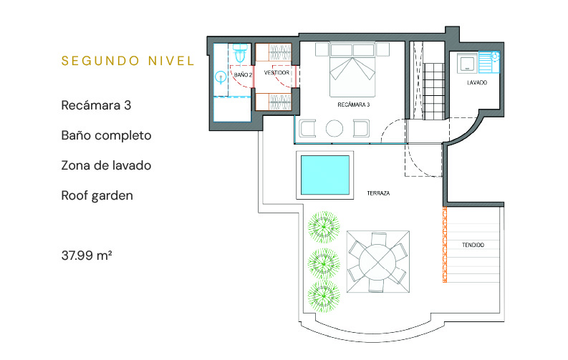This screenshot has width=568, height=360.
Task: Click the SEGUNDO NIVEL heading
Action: (128, 61)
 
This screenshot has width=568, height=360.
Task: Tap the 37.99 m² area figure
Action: (87, 256)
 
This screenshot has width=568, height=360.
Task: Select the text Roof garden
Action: (97, 195)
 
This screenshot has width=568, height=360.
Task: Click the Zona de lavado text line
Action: (106, 165)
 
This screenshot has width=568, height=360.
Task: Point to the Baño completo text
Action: (106, 135)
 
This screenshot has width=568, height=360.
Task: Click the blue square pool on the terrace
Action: (325, 175)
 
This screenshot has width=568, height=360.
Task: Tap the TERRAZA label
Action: (378, 193)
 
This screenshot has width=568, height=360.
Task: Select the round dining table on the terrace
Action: (377, 261)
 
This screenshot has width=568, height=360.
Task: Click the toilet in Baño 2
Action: (239, 53)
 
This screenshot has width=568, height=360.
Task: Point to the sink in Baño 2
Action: (221, 77)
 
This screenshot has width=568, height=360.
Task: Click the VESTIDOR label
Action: (276, 73)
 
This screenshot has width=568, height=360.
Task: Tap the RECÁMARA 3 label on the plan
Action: (354, 104)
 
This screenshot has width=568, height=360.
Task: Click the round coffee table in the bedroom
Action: (334, 128)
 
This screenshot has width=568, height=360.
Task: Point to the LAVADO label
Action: (477, 82)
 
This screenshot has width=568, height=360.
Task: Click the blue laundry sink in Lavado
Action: (489, 62)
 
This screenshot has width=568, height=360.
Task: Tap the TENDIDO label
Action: (473, 245)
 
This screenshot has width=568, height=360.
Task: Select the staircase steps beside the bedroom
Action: (433, 91)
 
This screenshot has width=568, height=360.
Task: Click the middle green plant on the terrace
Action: (324, 264)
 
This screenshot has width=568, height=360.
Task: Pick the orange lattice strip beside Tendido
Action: (445, 245)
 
